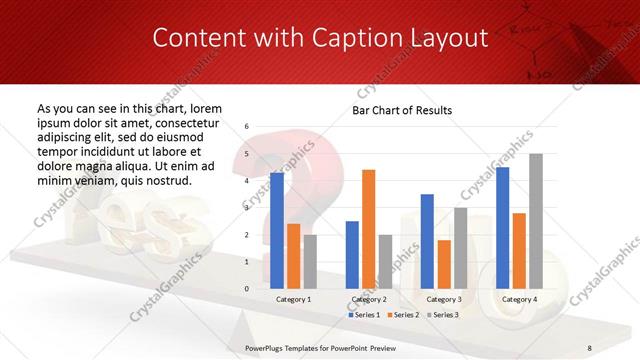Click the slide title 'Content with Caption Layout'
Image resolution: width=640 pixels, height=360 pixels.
pos(319,38)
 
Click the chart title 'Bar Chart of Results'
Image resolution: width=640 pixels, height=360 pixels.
pos(402,110)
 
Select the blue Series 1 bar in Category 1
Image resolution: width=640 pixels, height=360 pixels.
pos(277,230)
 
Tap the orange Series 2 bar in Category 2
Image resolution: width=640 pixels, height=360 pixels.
pos(368,229)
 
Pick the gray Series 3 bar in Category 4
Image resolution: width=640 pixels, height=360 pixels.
pos(536,221)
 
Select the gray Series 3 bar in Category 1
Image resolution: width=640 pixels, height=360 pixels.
pos(310,261)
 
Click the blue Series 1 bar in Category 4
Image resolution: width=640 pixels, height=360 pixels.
pos(502,227)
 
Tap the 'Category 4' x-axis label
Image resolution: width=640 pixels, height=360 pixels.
pos(519,299)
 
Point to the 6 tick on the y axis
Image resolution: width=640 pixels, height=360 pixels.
pos(247,127)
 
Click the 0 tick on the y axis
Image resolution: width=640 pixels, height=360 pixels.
pos(247,288)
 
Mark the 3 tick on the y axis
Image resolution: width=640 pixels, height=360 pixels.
pos(247,208)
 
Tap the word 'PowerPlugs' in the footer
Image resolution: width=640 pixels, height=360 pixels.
pos(270,347)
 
